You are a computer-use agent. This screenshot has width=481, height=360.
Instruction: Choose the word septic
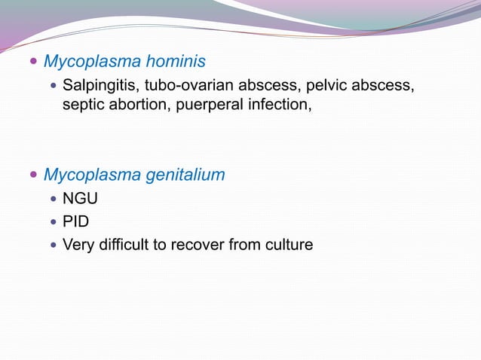click(83, 104)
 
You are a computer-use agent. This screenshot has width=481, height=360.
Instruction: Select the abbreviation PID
click(75, 221)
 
